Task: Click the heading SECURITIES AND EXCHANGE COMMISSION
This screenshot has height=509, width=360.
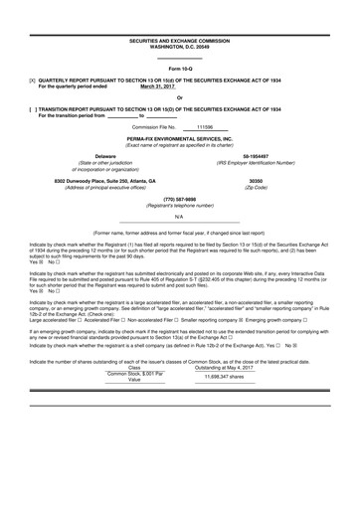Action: click(x=179, y=41)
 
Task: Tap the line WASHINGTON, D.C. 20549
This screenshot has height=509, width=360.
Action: click(x=179, y=47)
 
